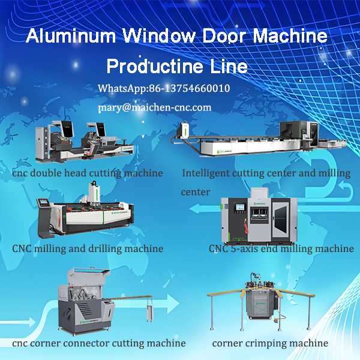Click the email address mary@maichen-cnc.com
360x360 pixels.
point(155,107)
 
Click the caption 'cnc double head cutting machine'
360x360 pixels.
point(88,173)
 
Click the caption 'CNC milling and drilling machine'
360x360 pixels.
point(88,248)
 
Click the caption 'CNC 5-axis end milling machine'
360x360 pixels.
point(281,248)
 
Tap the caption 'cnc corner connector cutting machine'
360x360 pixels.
point(99,343)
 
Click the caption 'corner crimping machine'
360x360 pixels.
point(270,343)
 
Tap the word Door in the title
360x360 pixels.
point(218,36)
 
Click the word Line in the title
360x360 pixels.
point(232,65)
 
